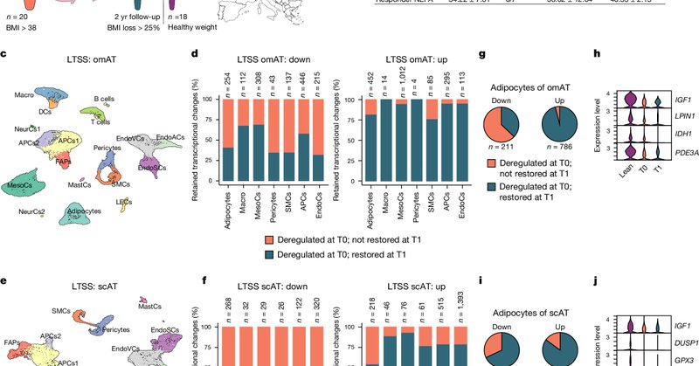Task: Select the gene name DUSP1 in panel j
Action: [673, 342]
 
